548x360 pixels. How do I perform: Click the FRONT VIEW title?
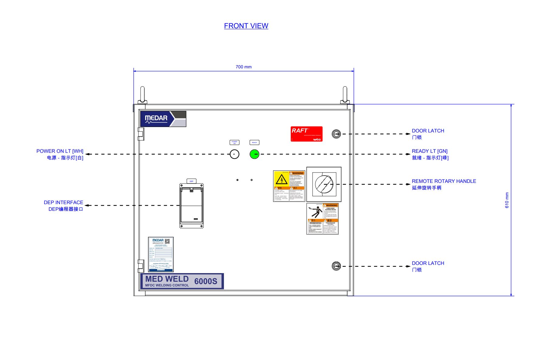tap(246, 26)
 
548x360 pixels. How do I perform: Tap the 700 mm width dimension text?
tap(244, 67)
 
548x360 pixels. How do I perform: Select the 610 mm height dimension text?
tap(507, 200)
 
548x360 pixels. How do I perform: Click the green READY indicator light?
tap(254, 154)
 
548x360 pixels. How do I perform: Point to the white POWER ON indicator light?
tap(234, 154)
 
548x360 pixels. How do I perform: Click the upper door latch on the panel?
tap(336, 134)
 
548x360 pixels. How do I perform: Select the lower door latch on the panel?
tap(336, 266)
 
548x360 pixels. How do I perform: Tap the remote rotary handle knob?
tap(324, 184)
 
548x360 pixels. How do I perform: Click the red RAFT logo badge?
tap(307, 134)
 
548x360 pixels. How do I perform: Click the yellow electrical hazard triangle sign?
tap(282, 180)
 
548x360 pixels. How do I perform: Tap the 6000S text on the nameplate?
tap(206, 281)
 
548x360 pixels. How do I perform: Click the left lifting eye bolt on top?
tap(142, 95)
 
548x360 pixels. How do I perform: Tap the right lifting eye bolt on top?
tap(345, 95)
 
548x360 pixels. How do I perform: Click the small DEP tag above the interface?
tap(191, 181)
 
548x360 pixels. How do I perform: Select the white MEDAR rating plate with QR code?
tap(161, 254)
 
